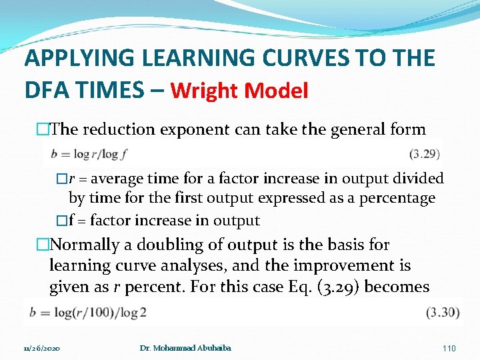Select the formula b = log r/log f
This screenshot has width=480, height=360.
point(89,154)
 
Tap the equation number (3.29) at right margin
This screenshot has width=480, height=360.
point(424,154)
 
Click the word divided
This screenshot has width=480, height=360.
point(418,179)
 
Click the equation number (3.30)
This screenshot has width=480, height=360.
point(442,312)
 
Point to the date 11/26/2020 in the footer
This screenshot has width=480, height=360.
point(41,349)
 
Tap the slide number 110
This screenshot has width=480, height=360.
point(449,349)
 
